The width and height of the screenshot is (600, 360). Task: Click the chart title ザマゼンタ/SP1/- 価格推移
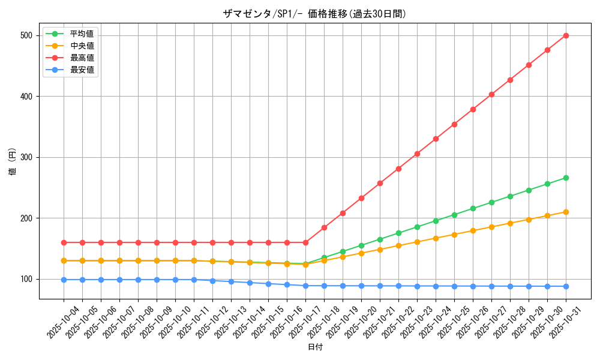click(x=314, y=14)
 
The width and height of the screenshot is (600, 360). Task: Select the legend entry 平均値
click(x=82, y=34)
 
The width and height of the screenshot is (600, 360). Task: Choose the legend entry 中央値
click(x=82, y=46)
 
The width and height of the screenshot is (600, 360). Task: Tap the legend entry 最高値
click(x=82, y=58)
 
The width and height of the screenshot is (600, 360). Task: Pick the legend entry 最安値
click(x=82, y=70)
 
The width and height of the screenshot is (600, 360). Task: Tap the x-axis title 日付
click(x=315, y=347)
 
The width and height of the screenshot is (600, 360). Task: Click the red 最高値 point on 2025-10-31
click(x=566, y=35)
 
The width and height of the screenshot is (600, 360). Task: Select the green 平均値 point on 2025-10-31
click(x=566, y=178)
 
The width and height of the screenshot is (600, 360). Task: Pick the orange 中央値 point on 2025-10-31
click(x=566, y=212)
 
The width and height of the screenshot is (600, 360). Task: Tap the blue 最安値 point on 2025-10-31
click(x=566, y=286)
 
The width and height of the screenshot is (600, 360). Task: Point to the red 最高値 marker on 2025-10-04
click(x=64, y=242)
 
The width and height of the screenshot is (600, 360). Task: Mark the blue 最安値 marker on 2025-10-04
click(x=64, y=280)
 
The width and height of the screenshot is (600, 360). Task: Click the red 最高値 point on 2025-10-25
click(x=454, y=124)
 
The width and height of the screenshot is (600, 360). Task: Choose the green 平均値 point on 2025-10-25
click(x=454, y=215)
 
